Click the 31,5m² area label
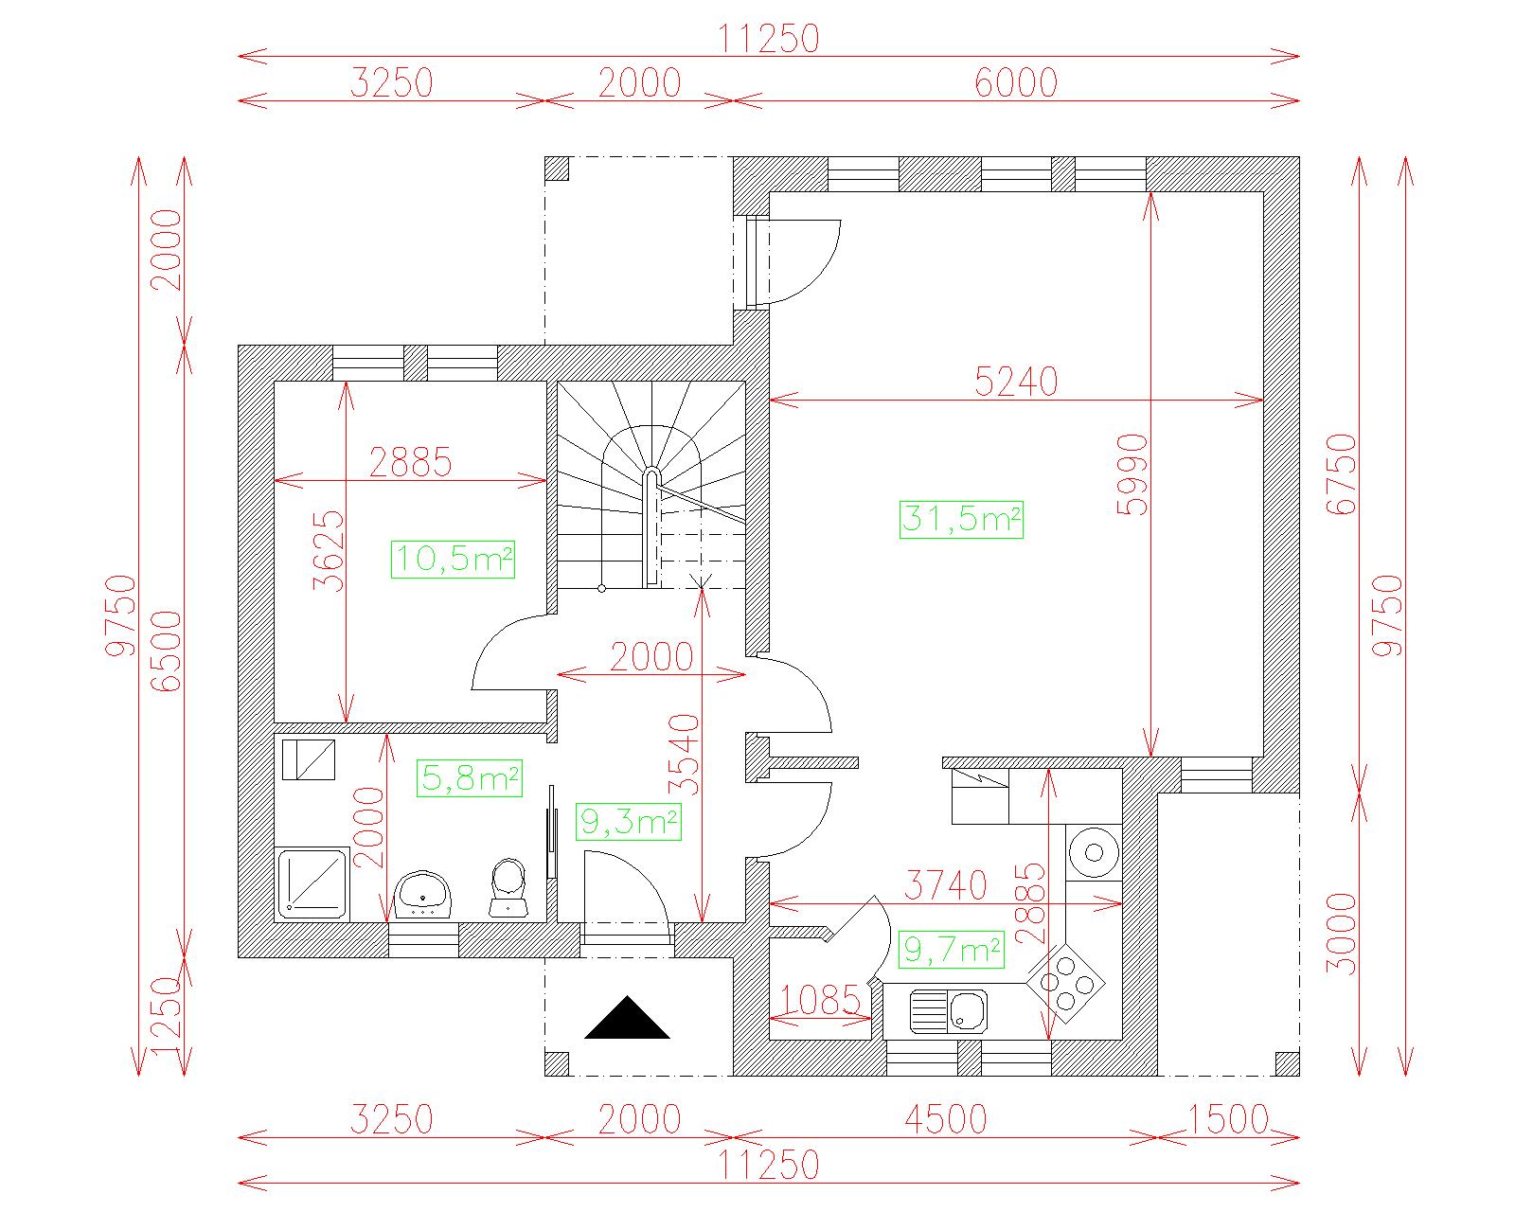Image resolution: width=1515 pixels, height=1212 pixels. [961, 519]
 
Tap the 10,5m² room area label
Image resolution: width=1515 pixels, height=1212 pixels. [454, 560]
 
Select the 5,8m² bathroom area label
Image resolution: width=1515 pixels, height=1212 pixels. [470, 778]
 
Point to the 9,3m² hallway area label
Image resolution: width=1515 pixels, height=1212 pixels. [629, 822]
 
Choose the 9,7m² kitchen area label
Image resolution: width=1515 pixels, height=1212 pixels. [951, 950]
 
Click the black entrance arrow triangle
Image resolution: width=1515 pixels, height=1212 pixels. [627, 1017]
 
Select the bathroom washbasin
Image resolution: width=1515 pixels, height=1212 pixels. [422, 895]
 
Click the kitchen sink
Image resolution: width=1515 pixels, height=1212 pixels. [948, 1011]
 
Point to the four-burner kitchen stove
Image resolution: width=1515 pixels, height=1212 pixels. [1066, 983]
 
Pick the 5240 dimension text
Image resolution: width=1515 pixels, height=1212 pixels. [1016, 383]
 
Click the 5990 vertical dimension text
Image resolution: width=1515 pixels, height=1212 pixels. [1133, 474]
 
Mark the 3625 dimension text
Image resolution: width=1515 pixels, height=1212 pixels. [329, 551]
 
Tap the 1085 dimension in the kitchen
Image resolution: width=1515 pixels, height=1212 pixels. [821, 1000]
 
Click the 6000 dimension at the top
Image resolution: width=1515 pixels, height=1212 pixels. [1016, 83]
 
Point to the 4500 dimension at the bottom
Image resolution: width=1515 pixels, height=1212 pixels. [946, 1120]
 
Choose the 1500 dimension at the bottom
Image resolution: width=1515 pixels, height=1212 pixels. [1228, 1120]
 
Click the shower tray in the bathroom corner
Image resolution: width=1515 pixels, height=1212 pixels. [312, 883]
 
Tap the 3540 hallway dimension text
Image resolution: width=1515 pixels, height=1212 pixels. [685, 755]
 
